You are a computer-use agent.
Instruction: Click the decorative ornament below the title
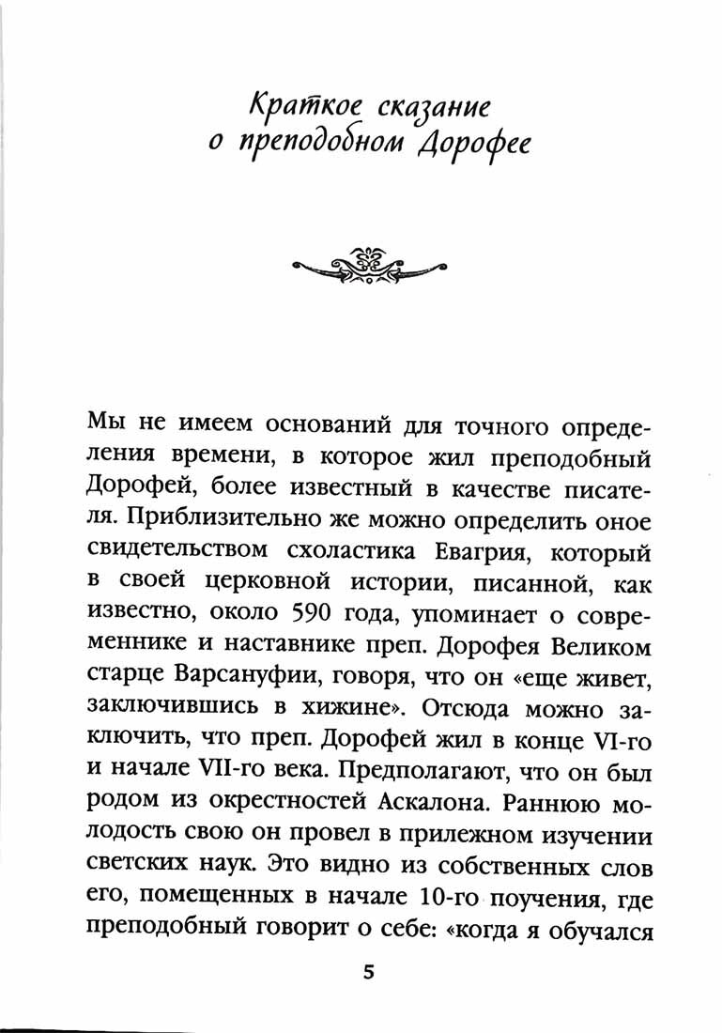pyautogui.click(x=366, y=265)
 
